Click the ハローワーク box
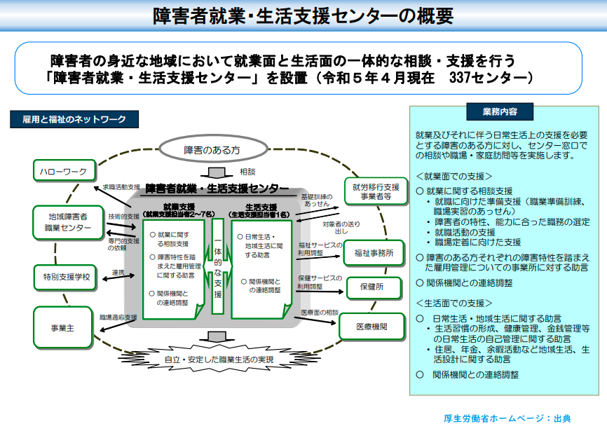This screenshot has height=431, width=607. tap(64, 170)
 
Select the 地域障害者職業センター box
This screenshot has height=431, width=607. tap(68, 222)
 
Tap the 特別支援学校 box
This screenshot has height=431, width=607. tap(65, 278)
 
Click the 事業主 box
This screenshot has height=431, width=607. tap(62, 328)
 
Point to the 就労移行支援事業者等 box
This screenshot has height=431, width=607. tap(376, 191)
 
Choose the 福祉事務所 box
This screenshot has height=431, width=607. tap(374, 253)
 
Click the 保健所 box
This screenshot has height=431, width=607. tap(374, 287)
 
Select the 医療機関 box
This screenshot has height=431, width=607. tap(372, 327)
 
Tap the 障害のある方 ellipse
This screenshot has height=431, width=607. tap(213, 149)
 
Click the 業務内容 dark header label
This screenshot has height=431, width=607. tap(500, 112)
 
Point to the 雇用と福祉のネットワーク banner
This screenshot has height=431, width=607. tap(74, 119)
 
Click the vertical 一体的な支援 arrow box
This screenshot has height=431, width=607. tap(218, 266)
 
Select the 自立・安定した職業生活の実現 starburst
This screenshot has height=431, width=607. tap(219, 360)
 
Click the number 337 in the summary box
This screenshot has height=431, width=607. tap(461, 78)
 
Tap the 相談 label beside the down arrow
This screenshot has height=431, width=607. tap(247, 172)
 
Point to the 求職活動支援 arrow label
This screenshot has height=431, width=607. tap(121, 187)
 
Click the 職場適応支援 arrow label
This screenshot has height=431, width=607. tap(118, 317)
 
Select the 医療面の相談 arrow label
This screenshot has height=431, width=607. tap(320, 313)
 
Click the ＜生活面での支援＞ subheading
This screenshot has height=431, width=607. tap(454, 303)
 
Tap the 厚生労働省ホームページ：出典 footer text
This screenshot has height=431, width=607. tap(507, 418)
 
